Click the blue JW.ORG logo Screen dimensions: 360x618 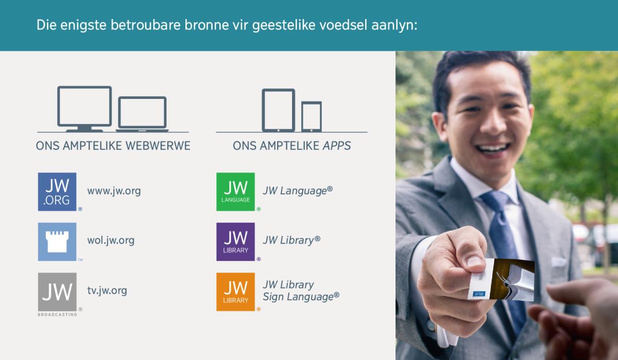(x=57, y=192)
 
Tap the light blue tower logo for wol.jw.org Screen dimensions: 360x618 (x=57, y=242)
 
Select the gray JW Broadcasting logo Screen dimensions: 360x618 (x=57, y=292)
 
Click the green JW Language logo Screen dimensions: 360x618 (x=235, y=192)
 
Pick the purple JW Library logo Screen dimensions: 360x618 (x=235, y=242)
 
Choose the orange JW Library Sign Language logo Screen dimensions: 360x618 (x=235, y=292)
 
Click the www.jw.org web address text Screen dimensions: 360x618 (x=114, y=191)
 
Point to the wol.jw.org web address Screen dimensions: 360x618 (x=111, y=241)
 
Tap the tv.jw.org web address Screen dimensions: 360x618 (x=107, y=290)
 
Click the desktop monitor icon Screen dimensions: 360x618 (x=84, y=108)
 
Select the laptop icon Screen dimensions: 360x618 (x=142, y=114)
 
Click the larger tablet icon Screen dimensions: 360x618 (x=278, y=109)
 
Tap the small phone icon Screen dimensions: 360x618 (x=311, y=116)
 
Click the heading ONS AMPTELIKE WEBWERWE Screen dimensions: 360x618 (x=113, y=146)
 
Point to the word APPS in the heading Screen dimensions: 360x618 (x=337, y=146)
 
